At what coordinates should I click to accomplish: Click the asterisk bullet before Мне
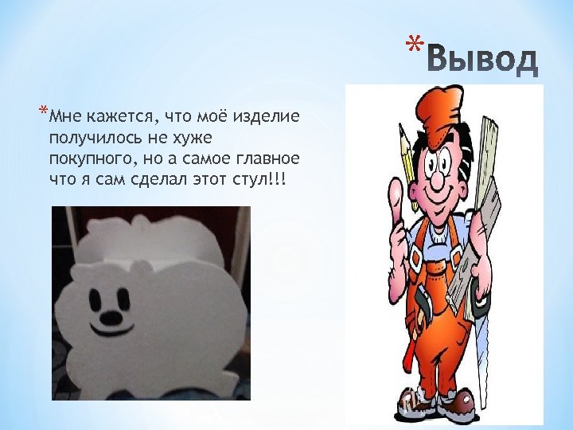pos(41,111)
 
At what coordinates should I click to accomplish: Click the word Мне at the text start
pos(62,118)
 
